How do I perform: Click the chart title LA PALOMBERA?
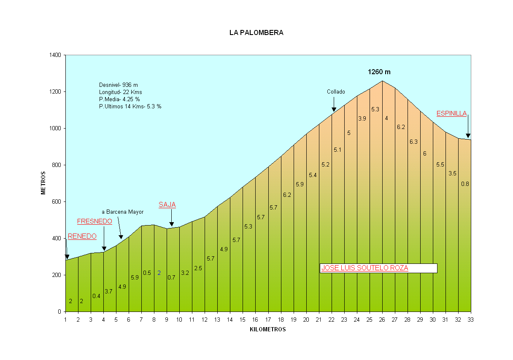click(256, 32)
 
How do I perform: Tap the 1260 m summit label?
click(382, 72)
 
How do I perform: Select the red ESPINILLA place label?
click(451, 113)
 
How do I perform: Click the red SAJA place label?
click(167, 205)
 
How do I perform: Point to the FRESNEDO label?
click(94, 221)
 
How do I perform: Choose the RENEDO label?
click(82, 236)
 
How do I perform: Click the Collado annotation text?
click(336, 91)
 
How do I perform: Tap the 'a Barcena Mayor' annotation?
click(123, 212)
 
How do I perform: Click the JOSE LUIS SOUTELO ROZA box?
click(378, 268)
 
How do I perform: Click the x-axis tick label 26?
click(382, 320)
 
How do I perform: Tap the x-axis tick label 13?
click(217, 320)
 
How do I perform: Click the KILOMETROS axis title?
click(267, 330)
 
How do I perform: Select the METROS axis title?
click(43, 183)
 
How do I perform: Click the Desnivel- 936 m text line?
click(119, 85)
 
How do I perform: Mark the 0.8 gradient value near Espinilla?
click(465, 184)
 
